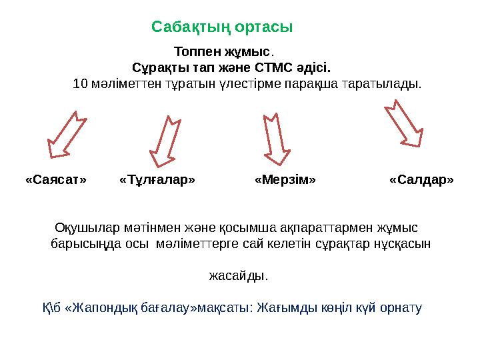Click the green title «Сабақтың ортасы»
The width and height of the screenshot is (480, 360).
222,27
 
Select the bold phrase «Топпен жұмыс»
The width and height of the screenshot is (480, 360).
222,51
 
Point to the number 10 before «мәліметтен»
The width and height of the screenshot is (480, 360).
80,85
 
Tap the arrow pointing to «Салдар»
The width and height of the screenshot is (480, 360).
403,123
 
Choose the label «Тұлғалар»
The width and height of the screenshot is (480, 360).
157,180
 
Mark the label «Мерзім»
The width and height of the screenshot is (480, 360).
285,180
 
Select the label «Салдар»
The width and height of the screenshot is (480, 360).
421,180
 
